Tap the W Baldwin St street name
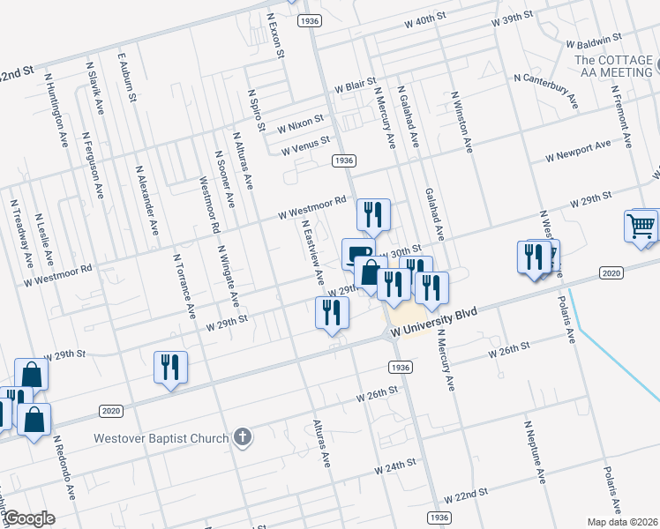click(x=595, y=41)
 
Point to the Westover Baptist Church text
click(x=162, y=438)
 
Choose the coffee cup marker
click(x=357, y=253)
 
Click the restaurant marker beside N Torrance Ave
click(x=171, y=367)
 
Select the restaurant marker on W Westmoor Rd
click(x=373, y=214)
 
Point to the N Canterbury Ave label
click(x=546, y=92)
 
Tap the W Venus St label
click(x=305, y=145)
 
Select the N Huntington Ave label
click(x=56, y=110)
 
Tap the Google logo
click(x=28, y=518)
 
